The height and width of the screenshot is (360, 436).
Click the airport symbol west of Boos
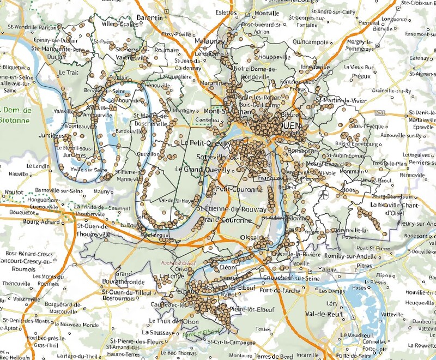pos(325,194)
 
